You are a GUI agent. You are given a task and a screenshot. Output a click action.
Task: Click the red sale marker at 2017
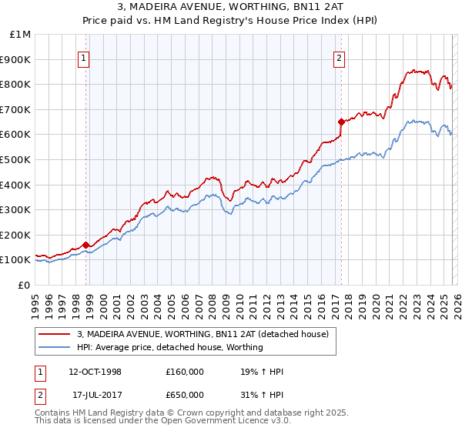(x=340, y=121)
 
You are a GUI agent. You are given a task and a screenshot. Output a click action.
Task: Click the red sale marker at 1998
(x=85, y=245)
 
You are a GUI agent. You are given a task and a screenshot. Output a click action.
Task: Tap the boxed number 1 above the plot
(x=82, y=56)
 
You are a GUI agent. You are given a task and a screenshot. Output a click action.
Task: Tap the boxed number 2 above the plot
(x=339, y=56)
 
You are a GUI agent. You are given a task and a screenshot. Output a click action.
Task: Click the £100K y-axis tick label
(x=16, y=260)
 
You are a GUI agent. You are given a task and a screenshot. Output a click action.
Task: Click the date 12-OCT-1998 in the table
(x=95, y=372)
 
